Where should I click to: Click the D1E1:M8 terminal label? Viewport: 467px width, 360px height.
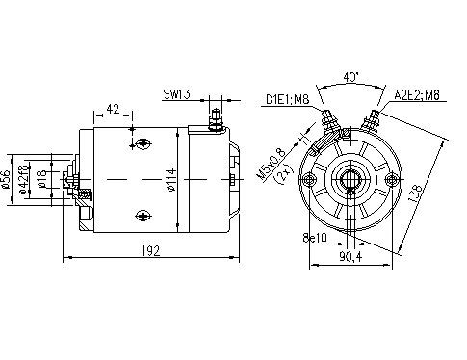[286, 97]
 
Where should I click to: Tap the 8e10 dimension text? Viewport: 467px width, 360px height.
[314, 236]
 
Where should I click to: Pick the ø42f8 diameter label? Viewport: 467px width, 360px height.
[26, 180]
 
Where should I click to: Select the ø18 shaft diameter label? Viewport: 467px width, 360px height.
[40, 180]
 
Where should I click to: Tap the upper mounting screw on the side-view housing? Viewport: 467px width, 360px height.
[143, 144]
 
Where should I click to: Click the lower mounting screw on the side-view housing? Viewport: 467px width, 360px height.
[143, 215]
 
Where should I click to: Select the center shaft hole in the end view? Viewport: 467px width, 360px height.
[353, 180]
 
